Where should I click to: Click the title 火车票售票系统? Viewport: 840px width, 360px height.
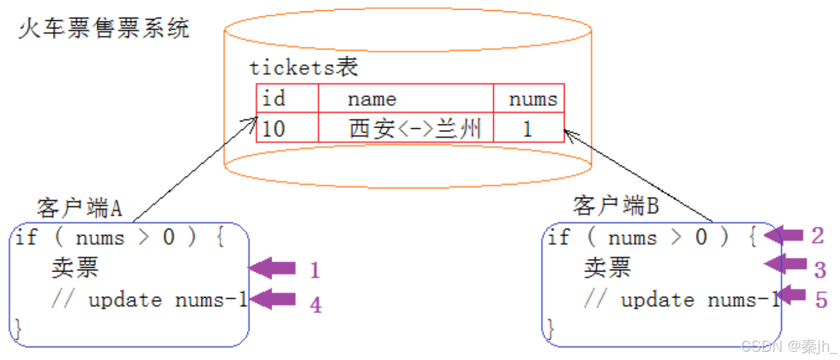(x=104, y=29)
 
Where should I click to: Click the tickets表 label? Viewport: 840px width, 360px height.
(x=303, y=68)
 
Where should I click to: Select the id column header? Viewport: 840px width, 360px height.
(x=273, y=99)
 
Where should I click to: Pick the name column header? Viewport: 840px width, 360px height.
(x=372, y=99)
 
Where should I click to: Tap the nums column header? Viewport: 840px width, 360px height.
(x=533, y=99)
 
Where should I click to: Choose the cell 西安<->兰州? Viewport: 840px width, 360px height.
(x=415, y=129)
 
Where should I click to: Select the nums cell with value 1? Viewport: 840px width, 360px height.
(x=527, y=129)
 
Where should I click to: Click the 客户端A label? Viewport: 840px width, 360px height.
(x=80, y=208)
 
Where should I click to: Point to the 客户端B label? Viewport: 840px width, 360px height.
(x=616, y=205)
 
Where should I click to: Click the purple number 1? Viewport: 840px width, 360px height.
(x=315, y=270)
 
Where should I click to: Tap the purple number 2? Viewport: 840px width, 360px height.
(x=818, y=236)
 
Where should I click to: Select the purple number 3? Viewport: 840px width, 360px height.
(x=820, y=270)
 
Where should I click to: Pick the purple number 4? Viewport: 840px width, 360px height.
(x=315, y=305)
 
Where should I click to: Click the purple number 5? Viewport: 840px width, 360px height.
(x=820, y=299)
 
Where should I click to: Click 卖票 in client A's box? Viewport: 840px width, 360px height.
(x=75, y=268)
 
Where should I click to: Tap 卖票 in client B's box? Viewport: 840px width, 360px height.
(x=607, y=268)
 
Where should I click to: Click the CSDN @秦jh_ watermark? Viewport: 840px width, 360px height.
(x=789, y=346)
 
